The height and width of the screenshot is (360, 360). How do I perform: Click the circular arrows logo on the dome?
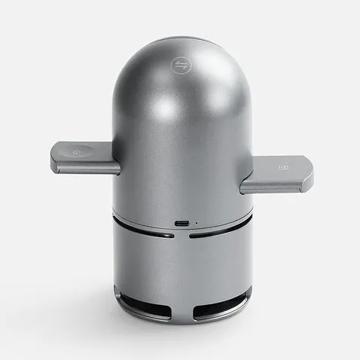coord(180,65)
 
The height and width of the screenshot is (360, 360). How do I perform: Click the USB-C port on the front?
coord(182,223)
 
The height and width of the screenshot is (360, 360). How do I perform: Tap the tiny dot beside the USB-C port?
coord(197,223)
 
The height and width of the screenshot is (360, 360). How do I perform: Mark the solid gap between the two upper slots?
coord(182,236)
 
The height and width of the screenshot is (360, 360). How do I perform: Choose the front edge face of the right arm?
coord(274,185)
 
